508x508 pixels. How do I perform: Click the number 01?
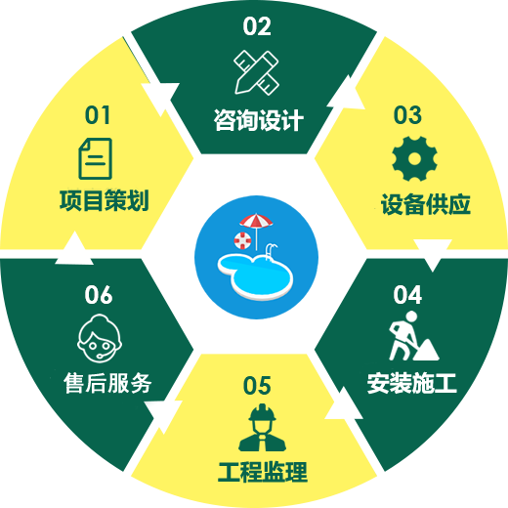coord(97,115)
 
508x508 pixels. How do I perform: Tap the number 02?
coord(257,26)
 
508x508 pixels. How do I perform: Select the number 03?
coord(407,115)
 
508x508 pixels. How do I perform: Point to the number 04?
coord(407,295)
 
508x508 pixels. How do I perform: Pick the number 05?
coord(257,385)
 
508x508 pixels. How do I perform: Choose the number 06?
coord(99,295)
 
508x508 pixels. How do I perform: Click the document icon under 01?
coord(96,158)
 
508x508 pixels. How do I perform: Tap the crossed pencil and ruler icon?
coord(256,72)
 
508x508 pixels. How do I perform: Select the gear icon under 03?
coord(414,158)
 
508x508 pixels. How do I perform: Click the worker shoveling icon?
coord(413,336)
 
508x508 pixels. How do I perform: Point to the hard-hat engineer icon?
coord(262,428)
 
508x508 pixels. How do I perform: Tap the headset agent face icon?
coord(100,338)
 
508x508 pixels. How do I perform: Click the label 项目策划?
coord(105,200)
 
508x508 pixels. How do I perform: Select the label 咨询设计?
coord(259,120)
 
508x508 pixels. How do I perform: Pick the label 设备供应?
coord(426,204)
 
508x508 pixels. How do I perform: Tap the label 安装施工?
coord(411,383)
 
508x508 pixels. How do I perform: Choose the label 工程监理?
coord(263,472)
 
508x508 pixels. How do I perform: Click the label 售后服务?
coord(107,383)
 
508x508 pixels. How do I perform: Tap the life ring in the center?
coord(242,240)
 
